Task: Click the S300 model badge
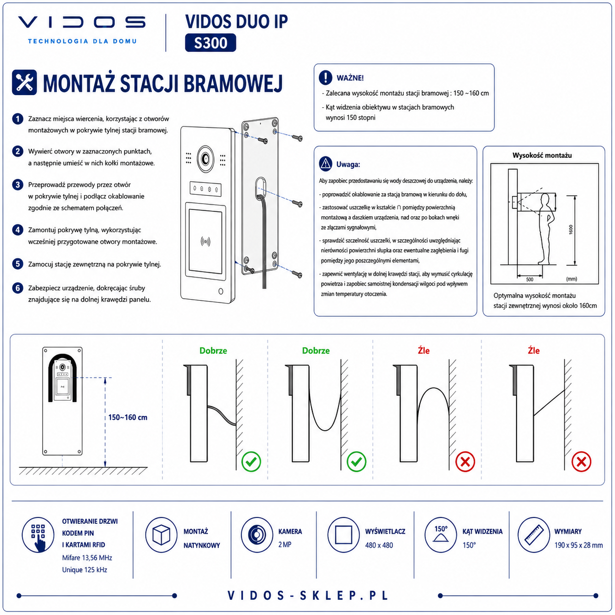click(210, 43)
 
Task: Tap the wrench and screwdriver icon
click(24, 82)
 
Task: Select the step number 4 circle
click(18, 230)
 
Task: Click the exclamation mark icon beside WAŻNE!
click(325, 77)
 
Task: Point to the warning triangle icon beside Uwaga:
click(325, 164)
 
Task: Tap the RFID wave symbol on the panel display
click(205, 242)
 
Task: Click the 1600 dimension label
click(571, 230)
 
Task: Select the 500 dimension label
click(530, 280)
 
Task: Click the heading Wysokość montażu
click(542, 155)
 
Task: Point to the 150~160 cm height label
click(128, 417)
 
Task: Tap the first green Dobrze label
click(213, 351)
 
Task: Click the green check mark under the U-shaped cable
click(356, 461)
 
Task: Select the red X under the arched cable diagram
click(465, 461)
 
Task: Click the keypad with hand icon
click(38, 535)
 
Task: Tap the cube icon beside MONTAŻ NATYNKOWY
click(161, 535)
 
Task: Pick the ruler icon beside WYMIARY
click(534, 535)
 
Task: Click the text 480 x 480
click(379, 545)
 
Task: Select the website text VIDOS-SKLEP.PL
click(307, 595)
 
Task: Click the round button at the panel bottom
click(221, 291)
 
